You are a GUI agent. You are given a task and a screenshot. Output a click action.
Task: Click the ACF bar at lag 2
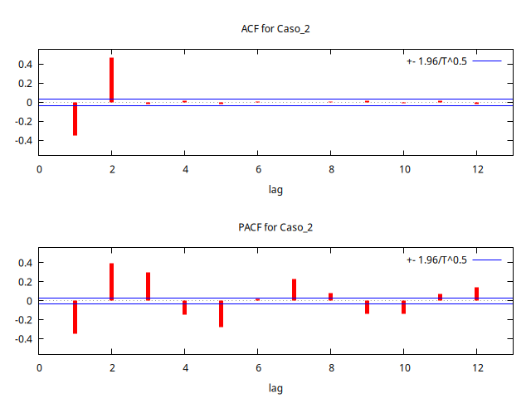(111, 80)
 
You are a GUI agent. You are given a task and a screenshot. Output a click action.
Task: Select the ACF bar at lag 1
(75, 119)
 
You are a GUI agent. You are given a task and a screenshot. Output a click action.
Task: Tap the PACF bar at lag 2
(111, 282)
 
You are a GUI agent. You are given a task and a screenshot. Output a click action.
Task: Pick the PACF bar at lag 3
(148, 286)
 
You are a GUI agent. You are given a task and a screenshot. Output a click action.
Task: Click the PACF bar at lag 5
(221, 313)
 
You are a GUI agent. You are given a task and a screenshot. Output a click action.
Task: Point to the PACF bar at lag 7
(294, 289)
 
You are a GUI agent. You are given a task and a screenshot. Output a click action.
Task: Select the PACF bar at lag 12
(476, 294)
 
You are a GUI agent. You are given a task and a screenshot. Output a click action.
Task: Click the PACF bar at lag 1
(75, 317)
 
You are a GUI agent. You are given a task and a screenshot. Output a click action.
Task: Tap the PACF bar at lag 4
(184, 308)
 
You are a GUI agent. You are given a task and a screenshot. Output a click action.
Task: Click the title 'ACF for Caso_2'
(275, 29)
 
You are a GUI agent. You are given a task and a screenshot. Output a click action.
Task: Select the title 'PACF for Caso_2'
(275, 227)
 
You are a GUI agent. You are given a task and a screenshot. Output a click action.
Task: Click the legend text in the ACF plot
(437, 61)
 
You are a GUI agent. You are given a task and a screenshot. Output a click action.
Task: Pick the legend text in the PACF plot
(437, 260)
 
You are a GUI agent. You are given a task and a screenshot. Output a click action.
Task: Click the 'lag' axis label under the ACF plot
(275, 189)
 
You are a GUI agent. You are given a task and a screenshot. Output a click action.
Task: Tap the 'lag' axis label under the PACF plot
(275, 387)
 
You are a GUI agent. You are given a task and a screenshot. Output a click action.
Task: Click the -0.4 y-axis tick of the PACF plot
(22, 339)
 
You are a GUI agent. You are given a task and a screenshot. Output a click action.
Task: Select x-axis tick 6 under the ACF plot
(258, 169)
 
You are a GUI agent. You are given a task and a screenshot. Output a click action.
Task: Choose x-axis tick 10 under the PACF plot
(403, 367)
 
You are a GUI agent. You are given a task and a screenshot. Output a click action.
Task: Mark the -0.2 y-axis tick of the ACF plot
(22, 122)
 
